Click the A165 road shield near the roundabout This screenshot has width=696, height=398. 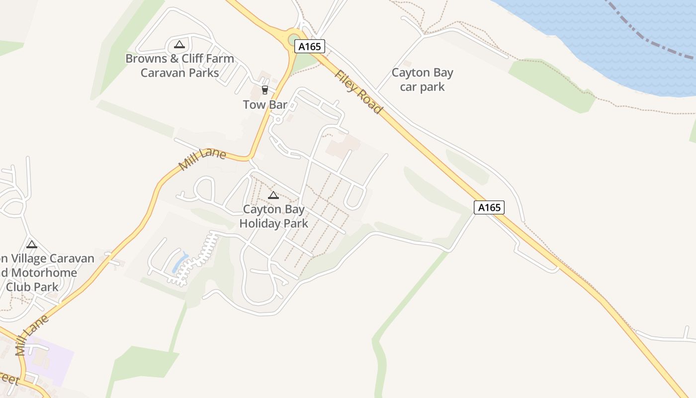click(x=310, y=46)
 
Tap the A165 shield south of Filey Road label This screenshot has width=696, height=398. click(x=489, y=207)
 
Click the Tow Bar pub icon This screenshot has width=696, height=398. click(x=264, y=90)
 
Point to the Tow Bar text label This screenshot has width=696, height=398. click(x=265, y=105)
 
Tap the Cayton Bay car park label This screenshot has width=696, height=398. click(x=423, y=80)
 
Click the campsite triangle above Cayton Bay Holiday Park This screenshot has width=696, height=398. click(x=273, y=195)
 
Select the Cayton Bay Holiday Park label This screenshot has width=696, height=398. click(x=274, y=216)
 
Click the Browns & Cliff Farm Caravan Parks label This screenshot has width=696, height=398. click(x=179, y=66)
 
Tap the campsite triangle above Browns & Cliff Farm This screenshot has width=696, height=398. click(x=179, y=44)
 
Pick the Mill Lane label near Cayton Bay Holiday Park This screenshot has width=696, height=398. click(x=202, y=159)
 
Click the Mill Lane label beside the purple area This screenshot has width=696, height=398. click(x=32, y=335)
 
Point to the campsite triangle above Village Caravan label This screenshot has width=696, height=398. click(x=32, y=244)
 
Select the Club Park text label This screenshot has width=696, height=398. click(x=32, y=287)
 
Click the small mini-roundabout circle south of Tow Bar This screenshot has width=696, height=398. click(x=278, y=120)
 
